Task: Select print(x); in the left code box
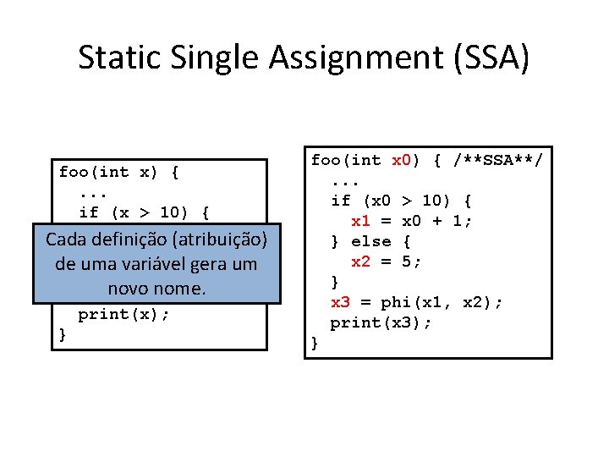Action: click(x=124, y=314)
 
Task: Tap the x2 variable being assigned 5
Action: click(x=361, y=262)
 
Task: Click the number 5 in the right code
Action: click(x=407, y=262)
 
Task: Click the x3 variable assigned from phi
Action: click(x=340, y=302)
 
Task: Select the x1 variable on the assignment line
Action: click(x=361, y=221)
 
